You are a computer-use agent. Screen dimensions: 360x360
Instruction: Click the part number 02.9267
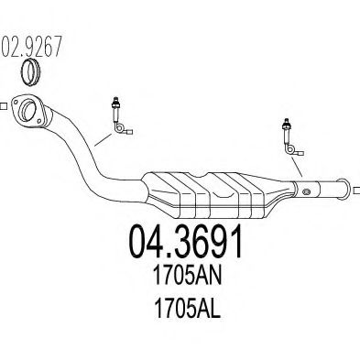(x=32, y=47)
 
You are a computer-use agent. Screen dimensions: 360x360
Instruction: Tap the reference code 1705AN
(x=187, y=275)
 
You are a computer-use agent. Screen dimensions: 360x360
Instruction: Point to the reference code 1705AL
(x=187, y=308)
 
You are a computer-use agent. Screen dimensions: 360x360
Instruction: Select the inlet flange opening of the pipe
(x=28, y=110)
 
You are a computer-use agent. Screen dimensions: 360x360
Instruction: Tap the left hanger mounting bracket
(x=122, y=116)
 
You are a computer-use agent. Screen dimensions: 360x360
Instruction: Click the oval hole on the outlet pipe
(x=306, y=191)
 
